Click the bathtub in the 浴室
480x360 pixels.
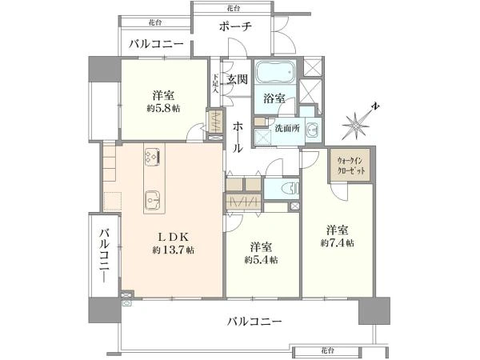pos(275,73)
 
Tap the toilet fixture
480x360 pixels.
pos(291,188)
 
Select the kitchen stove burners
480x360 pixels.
pos(153,157)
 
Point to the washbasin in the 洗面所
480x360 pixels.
pos(313,130)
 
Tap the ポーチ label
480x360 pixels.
pos(235,26)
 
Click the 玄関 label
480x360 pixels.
pos(238,79)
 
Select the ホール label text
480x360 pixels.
pos(238,137)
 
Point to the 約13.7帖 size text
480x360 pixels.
pos(173,250)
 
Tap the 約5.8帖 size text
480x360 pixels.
pos(163,108)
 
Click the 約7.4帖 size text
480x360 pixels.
pos(338,242)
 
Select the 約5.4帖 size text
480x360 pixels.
pos(261,260)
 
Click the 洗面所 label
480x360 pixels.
pos(287,129)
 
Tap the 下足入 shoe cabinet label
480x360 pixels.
pos(215,83)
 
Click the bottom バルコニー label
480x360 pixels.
pos(254,322)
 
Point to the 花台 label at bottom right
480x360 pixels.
pos(327,350)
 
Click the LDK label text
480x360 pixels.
pos(174,237)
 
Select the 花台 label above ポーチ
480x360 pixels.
pos(234,8)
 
